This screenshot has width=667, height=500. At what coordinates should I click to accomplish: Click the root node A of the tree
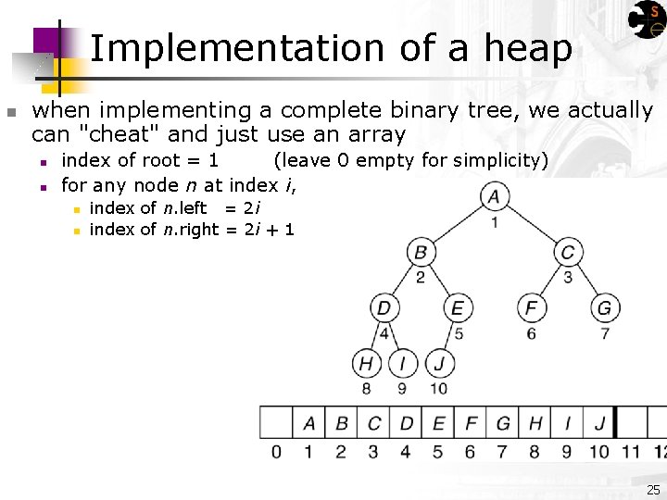(494, 196)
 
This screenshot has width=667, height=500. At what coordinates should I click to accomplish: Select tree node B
(421, 252)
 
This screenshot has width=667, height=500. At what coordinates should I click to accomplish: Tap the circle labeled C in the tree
(568, 252)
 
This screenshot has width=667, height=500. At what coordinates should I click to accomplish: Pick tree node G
(604, 307)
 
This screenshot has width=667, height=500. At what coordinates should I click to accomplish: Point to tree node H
(367, 363)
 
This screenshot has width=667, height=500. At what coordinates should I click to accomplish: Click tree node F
(531, 307)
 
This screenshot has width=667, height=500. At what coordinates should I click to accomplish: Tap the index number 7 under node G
(605, 333)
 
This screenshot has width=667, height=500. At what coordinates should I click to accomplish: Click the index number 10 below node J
(438, 388)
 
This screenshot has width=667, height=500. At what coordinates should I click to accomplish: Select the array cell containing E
(438, 423)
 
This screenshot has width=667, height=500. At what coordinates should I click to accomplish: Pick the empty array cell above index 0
(276, 423)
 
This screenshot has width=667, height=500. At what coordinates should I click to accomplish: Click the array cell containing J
(599, 423)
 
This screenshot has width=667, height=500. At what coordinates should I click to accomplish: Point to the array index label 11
(631, 452)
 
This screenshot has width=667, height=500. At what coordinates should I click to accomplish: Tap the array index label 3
(373, 452)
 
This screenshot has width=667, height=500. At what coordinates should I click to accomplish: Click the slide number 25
(653, 490)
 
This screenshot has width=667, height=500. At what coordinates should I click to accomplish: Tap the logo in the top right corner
(647, 19)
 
